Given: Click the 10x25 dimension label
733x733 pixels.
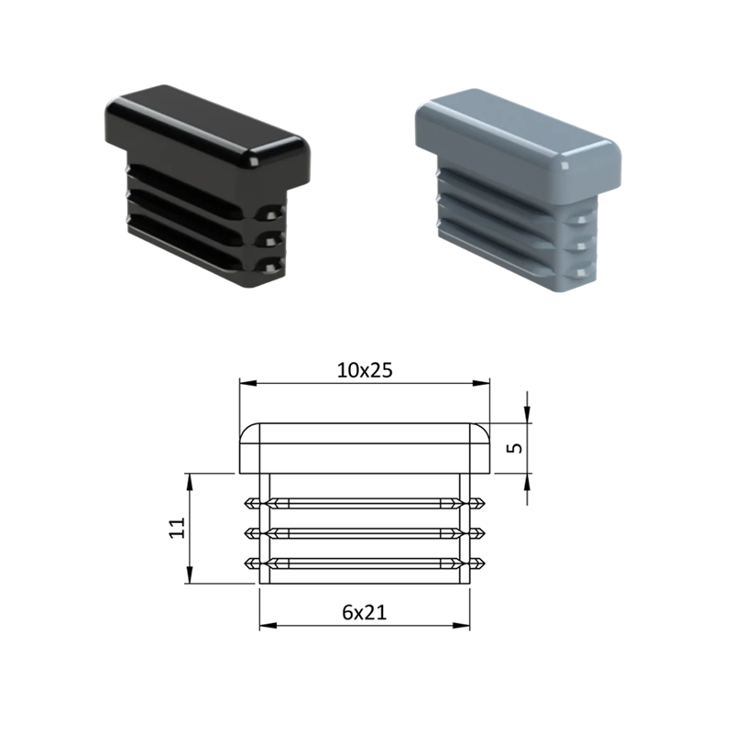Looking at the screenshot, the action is [x=365, y=370].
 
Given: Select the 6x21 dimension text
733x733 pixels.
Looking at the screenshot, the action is [x=365, y=612].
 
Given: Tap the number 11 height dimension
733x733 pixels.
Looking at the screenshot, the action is [x=178, y=528].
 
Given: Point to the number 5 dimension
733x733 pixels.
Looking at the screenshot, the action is [x=514, y=447].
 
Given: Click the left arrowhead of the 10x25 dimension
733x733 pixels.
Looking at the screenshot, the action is [x=247, y=383].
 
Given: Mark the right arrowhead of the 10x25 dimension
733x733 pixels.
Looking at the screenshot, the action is [x=481, y=383].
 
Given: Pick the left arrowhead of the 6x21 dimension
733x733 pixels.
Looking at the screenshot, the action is [x=268, y=626].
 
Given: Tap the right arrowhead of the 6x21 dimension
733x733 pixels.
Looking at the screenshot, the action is [x=461, y=626].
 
